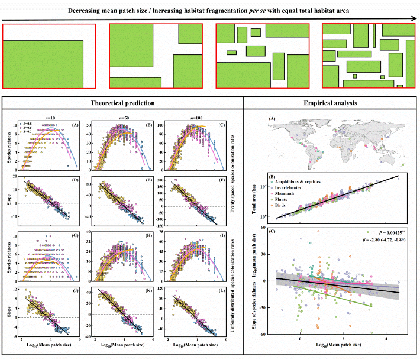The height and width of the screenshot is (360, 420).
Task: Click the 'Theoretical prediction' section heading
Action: click(122, 103)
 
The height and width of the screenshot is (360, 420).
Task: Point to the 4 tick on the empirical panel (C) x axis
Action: click(386, 340)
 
